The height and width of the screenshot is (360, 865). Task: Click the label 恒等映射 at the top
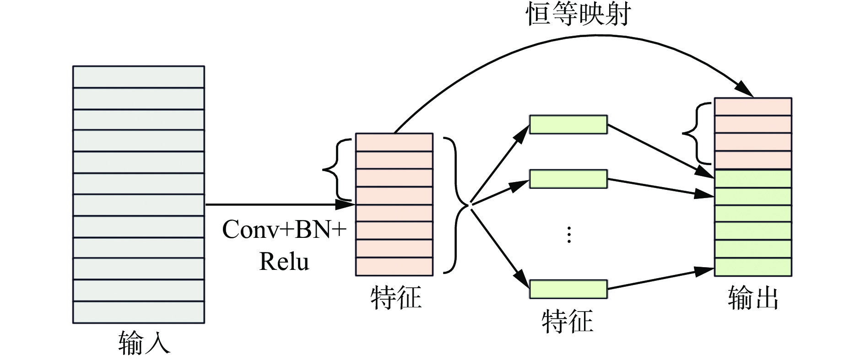(x=578, y=14)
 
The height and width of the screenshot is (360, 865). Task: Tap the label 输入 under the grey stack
(x=144, y=343)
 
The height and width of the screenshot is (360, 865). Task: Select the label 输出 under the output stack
(x=753, y=298)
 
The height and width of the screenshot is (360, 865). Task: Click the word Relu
(x=284, y=262)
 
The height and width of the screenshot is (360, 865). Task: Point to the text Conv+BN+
(x=284, y=229)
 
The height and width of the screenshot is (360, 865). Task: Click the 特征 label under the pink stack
(x=395, y=298)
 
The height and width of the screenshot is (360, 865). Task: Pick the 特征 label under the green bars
(x=568, y=321)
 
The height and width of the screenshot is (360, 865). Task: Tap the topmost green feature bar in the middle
(x=568, y=124)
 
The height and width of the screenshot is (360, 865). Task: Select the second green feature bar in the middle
(x=568, y=179)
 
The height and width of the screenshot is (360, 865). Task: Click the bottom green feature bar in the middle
(x=568, y=289)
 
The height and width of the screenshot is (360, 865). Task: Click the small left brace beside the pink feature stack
(x=336, y=170)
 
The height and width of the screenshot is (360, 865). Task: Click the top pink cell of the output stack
(x=753, y=107)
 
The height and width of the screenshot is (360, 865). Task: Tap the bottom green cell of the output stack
(x=753, y=267)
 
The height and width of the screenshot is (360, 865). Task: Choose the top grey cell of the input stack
(x=138, y=77)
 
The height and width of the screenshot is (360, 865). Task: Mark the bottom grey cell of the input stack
(x=138, y=312)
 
